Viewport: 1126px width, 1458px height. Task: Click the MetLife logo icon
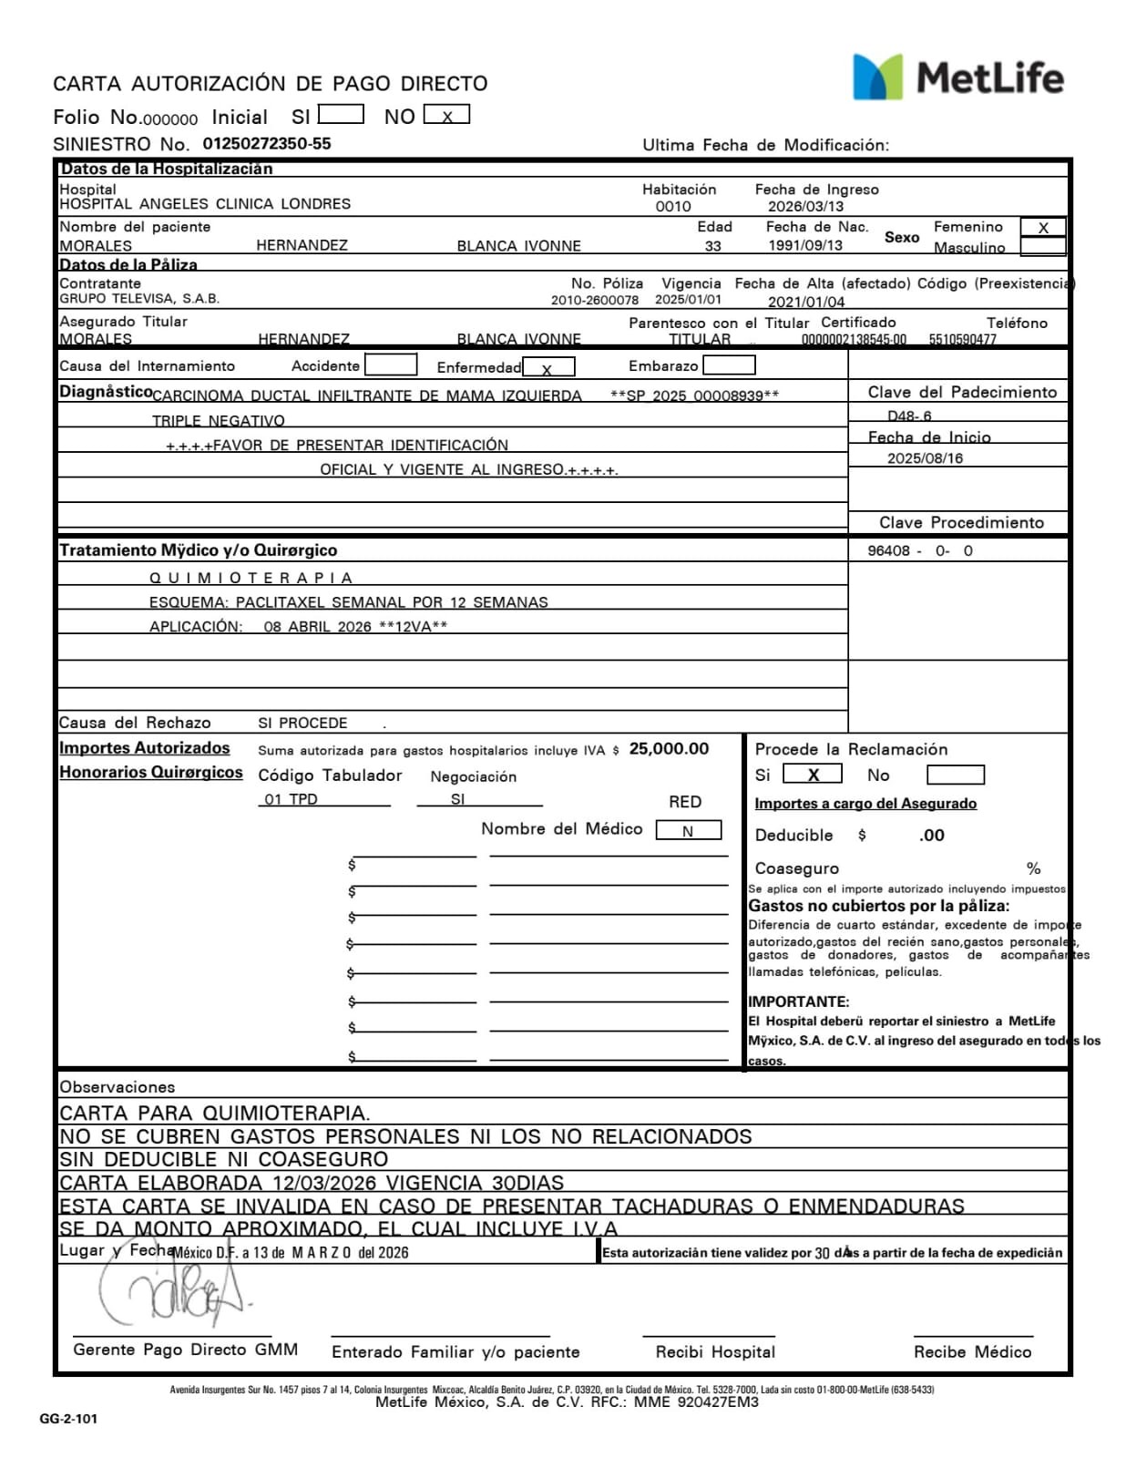(x=876, y=77)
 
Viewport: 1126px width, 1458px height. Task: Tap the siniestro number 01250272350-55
(x=266, y=144)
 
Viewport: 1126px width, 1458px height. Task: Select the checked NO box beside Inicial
(x=446, y=117)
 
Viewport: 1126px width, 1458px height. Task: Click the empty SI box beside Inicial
(x=341, y=116)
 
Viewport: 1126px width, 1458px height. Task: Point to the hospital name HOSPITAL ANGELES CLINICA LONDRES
(x=205, y=204)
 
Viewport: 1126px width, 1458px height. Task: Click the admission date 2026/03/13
(x=805, y=207)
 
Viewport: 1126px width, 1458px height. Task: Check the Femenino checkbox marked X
(x=1042, y=228)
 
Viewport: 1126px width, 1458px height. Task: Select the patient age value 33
(x=712, y=246)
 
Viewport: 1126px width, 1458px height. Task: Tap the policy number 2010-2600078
(x=594, y=300)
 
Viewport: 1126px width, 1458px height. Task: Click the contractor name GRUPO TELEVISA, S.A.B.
(x=139, y=299)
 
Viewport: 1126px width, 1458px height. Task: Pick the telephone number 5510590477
(x=962, y=339)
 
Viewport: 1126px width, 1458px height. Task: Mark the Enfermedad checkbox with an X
(x=548, y=368)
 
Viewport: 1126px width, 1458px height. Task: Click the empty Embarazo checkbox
(x=729, y=365)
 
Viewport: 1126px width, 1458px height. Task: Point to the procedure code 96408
(x=888, y=551)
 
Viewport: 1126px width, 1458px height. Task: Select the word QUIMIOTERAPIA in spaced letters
(x=251, y=578)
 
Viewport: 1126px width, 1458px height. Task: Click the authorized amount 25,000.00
(x=669, y=749)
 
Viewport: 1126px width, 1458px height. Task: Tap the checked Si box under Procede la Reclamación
(x=812, y=775)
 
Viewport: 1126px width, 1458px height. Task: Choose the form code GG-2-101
(x=68, y=1419)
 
